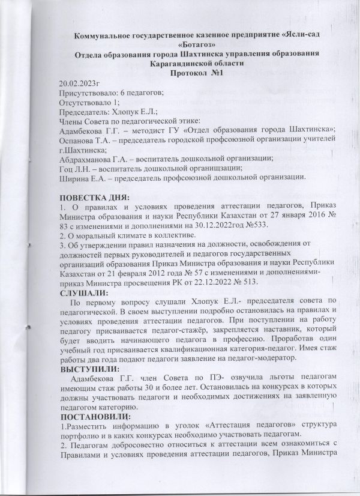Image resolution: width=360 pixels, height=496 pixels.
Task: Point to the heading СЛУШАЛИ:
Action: click(85, 292)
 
